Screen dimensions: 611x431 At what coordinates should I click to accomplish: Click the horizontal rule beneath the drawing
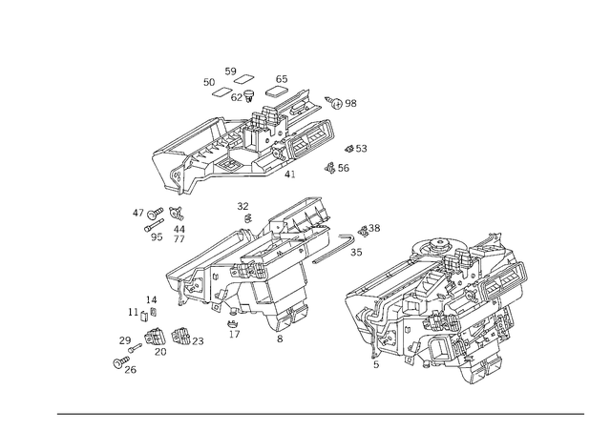tap(320, 413)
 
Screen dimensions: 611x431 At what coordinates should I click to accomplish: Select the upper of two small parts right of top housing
tap(354, 149)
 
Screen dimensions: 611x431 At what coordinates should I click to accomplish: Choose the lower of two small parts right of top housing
tap(337, 168)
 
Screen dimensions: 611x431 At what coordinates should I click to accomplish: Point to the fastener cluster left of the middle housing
tap(160, 221)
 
